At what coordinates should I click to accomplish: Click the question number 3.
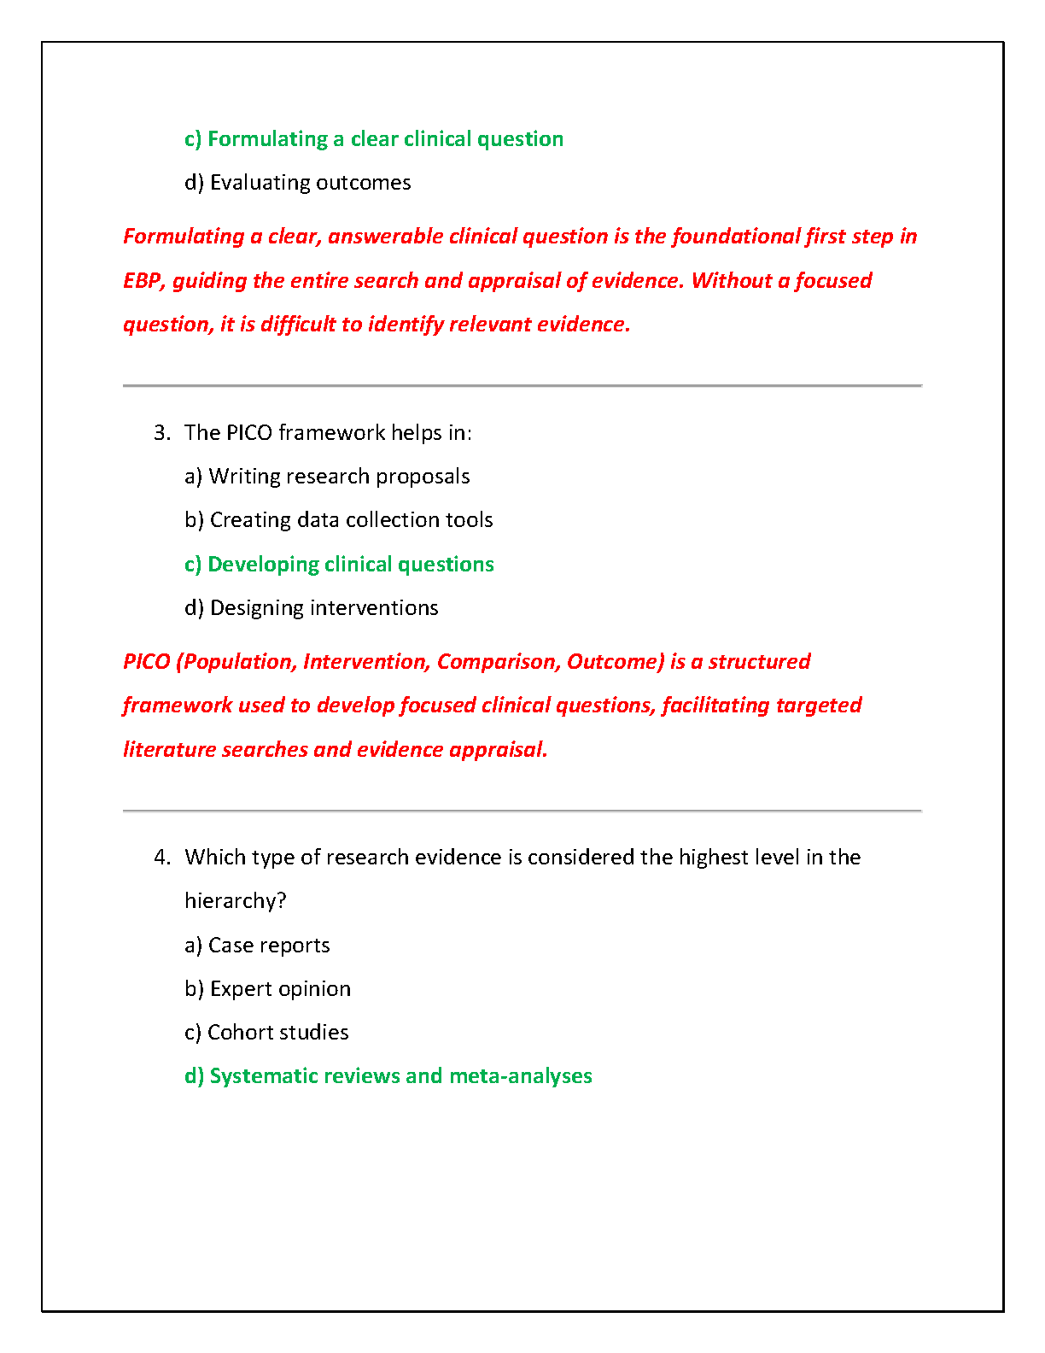click(x=161, y=433)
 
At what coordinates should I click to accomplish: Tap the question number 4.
click(x=161, y=858)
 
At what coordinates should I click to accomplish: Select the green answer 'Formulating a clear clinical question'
click(x=374, y=139)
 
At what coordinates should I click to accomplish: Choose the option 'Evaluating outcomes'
click(x=298, y=183)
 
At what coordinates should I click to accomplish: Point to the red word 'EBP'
click(x=142, y=281)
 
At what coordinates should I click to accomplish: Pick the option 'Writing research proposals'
click(x=327, y=477)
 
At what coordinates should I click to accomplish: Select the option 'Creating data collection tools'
click(x=339, y=520)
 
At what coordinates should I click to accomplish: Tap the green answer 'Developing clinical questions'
click(x=339, y=565)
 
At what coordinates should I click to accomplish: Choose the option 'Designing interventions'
click(x=312, y=608)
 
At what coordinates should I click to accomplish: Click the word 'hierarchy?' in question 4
click(x=236, y=901)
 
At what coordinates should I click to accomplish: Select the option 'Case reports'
click(x=257, y=946)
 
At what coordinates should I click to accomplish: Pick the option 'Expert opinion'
click(x=268, y=989)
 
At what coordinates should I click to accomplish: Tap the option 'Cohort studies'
click(x=266, y=1033)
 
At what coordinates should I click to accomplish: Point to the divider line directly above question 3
click(x=522, y=386)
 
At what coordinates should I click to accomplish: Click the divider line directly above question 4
click(x=522, y=811)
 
